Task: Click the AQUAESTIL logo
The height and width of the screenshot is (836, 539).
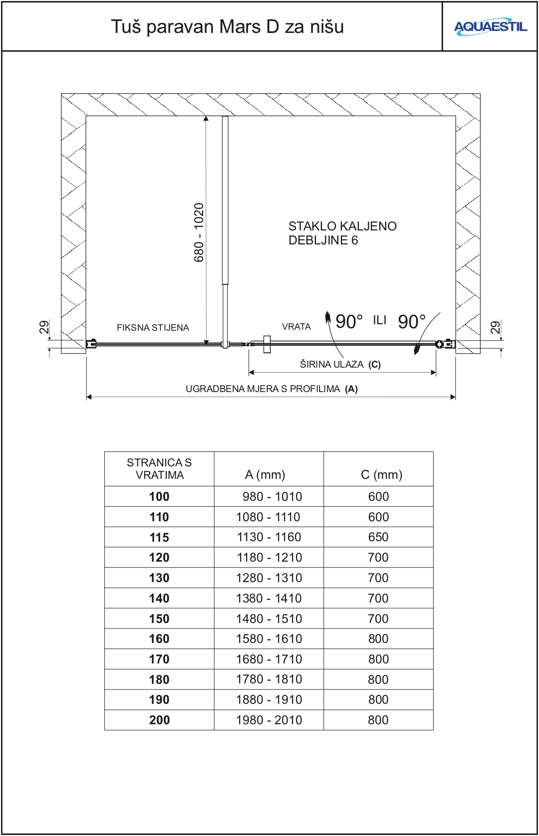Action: coord(490,27)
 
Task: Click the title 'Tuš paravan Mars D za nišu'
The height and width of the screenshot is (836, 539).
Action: coord(227,26)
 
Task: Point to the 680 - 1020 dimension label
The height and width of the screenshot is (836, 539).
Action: coord(199,232)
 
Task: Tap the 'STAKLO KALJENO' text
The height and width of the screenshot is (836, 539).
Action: coord(342,226)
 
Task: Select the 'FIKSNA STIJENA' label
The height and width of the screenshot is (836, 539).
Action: coord(153,328)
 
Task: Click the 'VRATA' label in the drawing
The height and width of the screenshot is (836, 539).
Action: coord(296,327)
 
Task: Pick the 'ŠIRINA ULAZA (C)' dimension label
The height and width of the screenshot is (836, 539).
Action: coord(340,364)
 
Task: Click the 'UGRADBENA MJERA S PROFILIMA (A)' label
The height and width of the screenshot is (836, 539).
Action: coord(271,389)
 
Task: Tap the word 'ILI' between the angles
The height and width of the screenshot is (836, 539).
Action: coord(379,320)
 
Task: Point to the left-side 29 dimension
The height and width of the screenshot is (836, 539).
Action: coord(44,327)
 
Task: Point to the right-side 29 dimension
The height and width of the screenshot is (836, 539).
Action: coord(495,327)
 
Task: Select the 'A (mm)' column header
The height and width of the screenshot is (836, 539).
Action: coord(265,474)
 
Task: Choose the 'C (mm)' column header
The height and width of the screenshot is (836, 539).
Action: coord(381,474)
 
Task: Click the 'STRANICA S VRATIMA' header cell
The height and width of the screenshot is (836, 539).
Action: coord(159,469)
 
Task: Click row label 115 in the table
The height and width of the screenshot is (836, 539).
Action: coord(159,537)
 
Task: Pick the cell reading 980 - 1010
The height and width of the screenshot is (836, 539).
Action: coord(272,496)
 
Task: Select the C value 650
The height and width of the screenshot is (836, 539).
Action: coord(378,537)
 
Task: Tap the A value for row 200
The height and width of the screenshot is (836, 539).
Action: coord(269,720)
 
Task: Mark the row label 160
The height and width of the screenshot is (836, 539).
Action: coord(159,638)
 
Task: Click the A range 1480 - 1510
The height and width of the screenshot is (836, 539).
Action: coord(269,619)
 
